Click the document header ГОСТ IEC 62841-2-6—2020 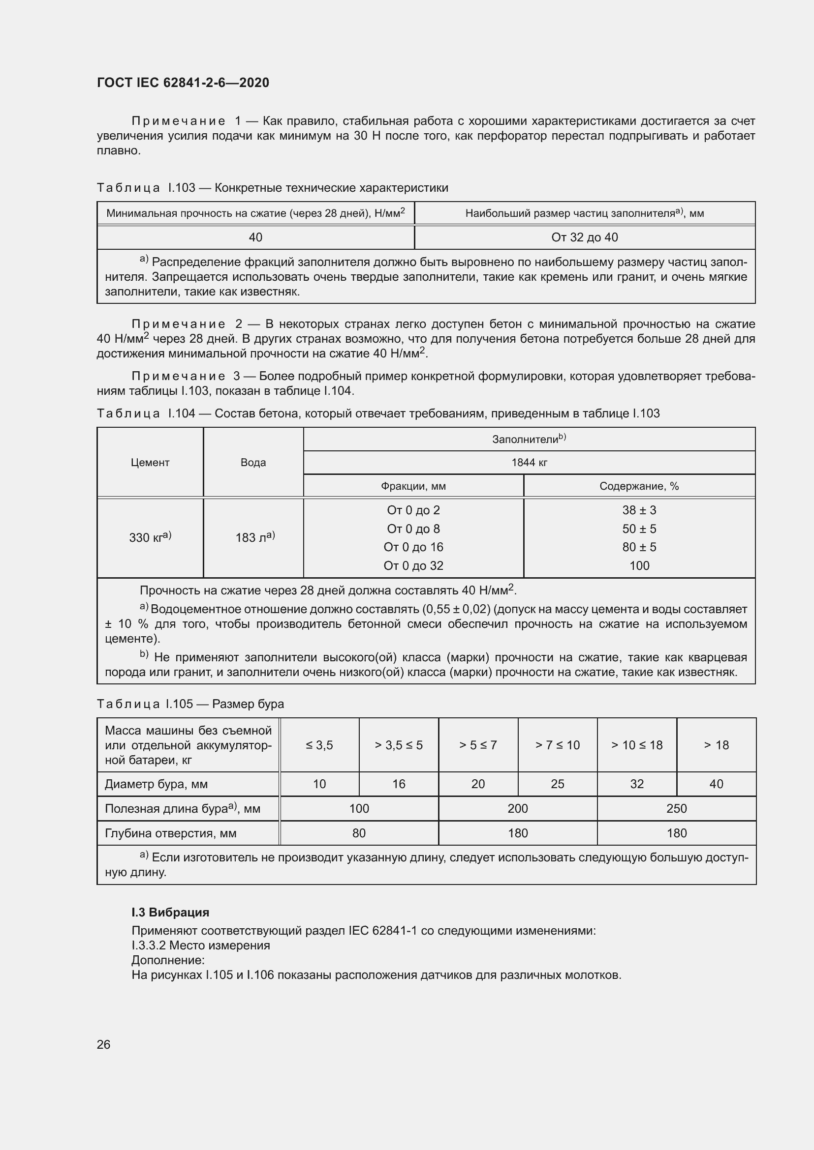pyautogui.click(x=183, y=83)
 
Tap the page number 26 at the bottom pyautogui.click(x=103, y=1044)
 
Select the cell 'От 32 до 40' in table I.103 pyautogui.click(x=585, y=237)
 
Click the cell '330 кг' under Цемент pyautogui.click(x=150, y=537)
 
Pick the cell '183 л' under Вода pyautogui.click(x=254, y=537)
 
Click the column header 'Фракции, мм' pyautogui.click(x=413, y=486)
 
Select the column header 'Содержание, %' pyautogui.click(x=639, y=486)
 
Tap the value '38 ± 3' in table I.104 pyautogui.click(x=639, y=510)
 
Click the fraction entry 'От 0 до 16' pyautogui.click(x=413, y=547)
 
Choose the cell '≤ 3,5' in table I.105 pyautogui.click(x=319, y=745)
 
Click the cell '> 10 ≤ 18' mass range pyautogui.click(x=636, y=745)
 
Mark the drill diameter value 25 pyautogui.click(x=558, y=784)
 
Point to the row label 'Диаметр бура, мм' pyautogui.click(x=156, y=784)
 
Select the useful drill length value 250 pyautogui.click(x=676, y=808)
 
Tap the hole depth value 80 pyautogui.click(x=359, y=833)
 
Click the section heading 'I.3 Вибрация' pyautogui.click(x=170, y=912)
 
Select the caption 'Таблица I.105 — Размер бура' pyautogui.click(x=190, y=704)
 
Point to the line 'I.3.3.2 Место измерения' pyautogui.click(x=200, y=945)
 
